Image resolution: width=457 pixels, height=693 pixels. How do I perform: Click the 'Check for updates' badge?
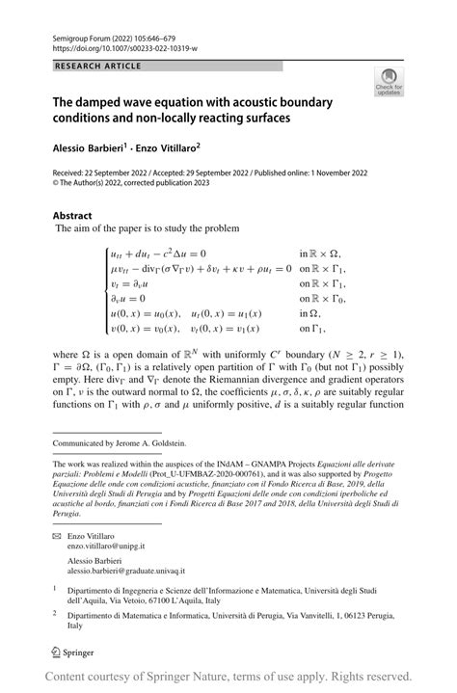[390, 81]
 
